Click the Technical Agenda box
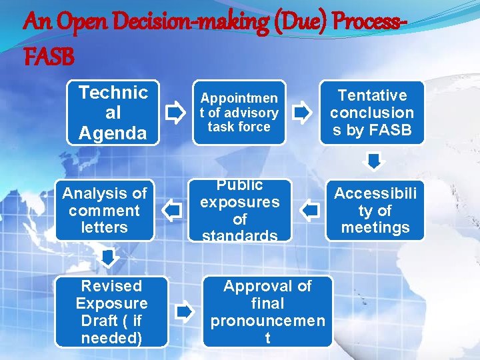coord(113,113)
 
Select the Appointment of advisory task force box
coord(239,113)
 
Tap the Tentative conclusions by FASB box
coord(372,113)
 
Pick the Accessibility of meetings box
coord(375,211)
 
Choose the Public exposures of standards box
coord(240,211)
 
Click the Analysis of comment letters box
coord(104,211)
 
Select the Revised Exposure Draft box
coord(111,311)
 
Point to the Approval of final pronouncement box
coord(267,311)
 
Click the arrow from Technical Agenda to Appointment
coord(175,113)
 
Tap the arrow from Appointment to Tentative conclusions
coord(302,113)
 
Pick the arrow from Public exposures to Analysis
coord(173,211)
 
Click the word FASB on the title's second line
coord(48,58)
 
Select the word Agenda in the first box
coord(113,133)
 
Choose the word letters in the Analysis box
coord(104,227)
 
